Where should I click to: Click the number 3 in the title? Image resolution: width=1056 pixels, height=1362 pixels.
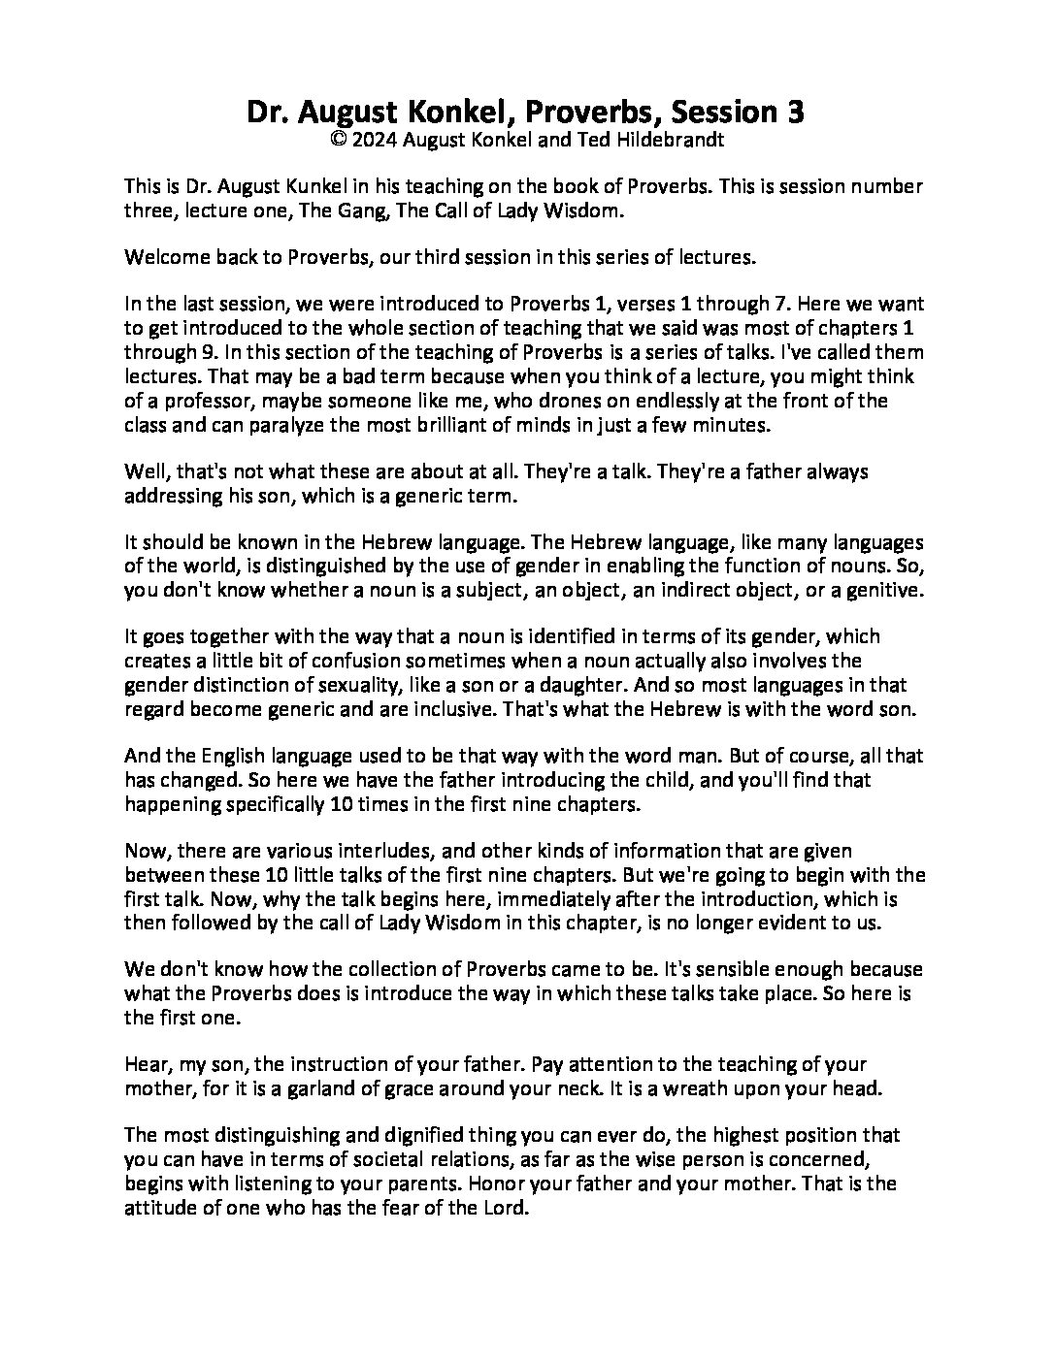[795, 113]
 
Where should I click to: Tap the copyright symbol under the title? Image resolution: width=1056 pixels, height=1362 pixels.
[338, 140]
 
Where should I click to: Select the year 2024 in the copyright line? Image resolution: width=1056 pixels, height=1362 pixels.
[374, 140]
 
